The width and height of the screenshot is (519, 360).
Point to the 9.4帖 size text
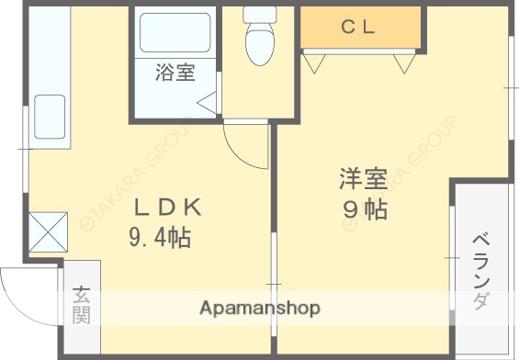(159, 240)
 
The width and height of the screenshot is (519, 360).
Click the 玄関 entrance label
(82, 305)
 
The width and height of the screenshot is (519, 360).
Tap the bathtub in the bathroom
(174, 35)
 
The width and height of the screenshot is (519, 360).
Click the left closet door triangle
(315, 63)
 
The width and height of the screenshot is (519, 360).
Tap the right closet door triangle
(403, 63)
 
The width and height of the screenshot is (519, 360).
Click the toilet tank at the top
(259, 15)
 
